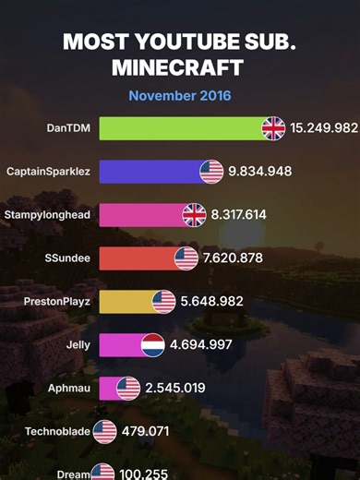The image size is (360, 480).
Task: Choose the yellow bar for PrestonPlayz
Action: pos(126,302)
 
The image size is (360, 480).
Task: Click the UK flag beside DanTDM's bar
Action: pos(273,127)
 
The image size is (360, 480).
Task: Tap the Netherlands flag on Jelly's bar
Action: pos(152,345)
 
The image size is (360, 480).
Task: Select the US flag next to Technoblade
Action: pos(104,431)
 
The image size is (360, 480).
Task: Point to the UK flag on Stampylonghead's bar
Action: pos(194,215)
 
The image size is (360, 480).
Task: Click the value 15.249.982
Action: pos(323,127)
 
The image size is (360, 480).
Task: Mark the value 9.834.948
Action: pos(260,172)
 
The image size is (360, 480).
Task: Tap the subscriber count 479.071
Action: pos(145,431)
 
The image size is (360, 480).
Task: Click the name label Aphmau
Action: pos(69,389)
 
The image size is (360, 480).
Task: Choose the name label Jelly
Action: pos(78,345)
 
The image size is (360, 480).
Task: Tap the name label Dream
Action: pos(74,474)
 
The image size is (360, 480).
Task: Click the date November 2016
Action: pos(180,95)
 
